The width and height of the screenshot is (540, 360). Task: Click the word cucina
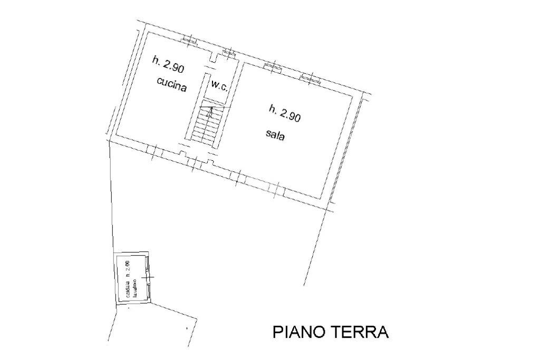[171, 85]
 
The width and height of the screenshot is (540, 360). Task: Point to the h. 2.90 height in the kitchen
[168, 65]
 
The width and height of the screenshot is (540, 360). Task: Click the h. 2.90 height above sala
[285, 113]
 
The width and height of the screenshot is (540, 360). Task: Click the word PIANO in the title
[299, 332]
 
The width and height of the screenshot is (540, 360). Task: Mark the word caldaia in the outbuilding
[128, 289]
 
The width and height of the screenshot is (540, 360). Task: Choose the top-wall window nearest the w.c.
[228, 52]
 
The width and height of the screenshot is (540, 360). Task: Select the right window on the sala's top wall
[310, 78]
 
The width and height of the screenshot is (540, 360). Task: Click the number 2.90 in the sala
[290, 115]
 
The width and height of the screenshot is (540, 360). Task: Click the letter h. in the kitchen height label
[156, 61]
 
